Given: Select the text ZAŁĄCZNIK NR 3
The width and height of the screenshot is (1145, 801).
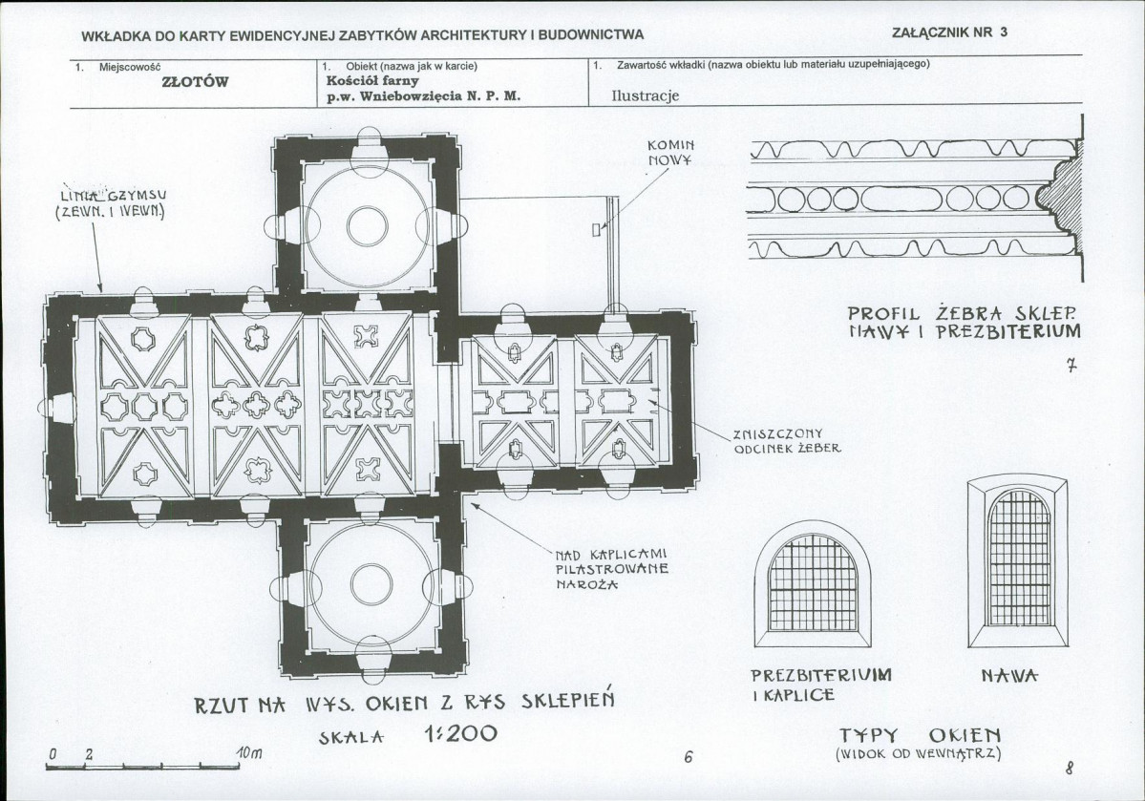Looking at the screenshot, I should tap(949, 32).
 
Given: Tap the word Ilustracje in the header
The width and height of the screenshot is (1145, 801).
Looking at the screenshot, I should tap(645, 96).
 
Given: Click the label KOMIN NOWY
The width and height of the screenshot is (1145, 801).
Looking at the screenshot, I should tap(670, 152).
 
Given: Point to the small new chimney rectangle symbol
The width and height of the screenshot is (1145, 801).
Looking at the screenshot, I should tap(597, 229).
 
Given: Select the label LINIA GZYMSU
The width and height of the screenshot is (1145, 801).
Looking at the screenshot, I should tap(111, 203).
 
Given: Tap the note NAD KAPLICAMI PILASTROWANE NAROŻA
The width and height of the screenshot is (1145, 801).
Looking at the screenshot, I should tap(611, 569).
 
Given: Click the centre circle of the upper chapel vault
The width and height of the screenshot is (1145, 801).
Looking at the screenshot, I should tap(368, 226).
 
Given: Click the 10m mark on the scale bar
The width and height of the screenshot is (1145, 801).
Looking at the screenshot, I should tap(247, 754).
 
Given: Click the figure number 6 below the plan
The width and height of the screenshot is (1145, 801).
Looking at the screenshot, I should tap(688, 758).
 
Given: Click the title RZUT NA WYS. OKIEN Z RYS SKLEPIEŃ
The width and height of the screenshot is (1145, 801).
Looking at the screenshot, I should tap(405, 705).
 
